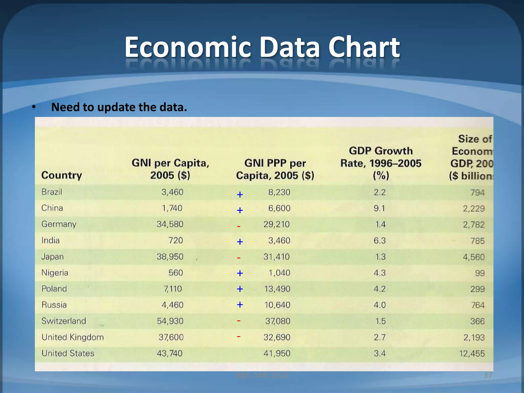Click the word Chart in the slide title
[364, 47]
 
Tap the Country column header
[62, 175]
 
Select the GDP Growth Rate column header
[381, 163]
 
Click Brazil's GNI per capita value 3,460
[172, 192]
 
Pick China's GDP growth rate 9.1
[379, 208]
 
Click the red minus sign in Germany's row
[238, 226]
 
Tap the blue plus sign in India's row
[240, 242]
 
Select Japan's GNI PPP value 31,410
[276, 257]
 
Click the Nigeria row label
[55, 273]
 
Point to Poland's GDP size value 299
[477, 289]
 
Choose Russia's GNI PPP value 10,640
[277, 305]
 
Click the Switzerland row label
[64, 321]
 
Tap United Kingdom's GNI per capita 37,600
[171, 337]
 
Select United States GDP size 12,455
[472, 354]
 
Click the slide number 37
[488, 375]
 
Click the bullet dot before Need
[34, 107]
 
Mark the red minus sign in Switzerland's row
[238, 321]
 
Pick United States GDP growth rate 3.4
[379, 354]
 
